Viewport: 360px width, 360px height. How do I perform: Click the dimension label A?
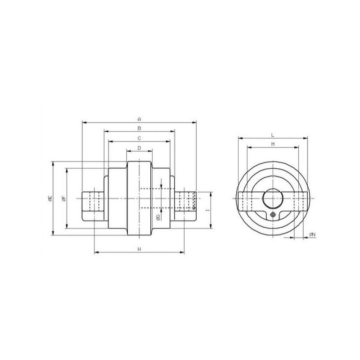(x=139, y=119)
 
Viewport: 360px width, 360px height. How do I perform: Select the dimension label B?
(x=139, y=128)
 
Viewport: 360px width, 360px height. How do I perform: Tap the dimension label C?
(x=139, y=138)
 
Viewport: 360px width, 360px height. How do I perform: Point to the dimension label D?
(x=139, y=148)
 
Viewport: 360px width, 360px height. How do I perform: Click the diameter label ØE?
(x=50, y=198)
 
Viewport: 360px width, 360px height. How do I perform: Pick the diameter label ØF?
(x=64, y=198)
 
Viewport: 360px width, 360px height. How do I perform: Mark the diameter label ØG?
(x=158, y=217)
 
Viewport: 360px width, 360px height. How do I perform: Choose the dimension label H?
(x=139, y=249)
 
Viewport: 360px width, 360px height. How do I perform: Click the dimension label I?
(x=208, y=210)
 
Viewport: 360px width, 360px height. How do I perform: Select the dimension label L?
(x=273, y=135)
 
